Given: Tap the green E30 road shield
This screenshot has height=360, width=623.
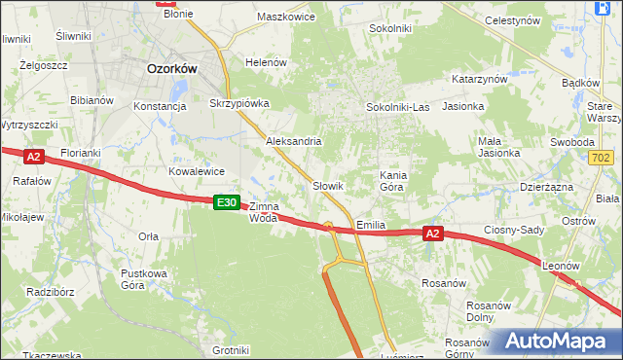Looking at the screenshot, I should [x=226, y=201].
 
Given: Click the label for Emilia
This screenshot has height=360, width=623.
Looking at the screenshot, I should [x=371, y=225].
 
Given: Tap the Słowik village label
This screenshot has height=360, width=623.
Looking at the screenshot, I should [x=328, y=185].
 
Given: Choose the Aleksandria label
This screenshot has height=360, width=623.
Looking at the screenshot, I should [x=294, y=141].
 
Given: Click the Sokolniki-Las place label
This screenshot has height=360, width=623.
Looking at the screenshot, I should [x=397, y=107].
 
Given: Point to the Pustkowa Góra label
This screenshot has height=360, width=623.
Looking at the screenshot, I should [x=144, y=279].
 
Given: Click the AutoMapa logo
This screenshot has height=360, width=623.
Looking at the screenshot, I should [x=560, y=342].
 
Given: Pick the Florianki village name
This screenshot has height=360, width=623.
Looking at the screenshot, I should [x=81, y=154].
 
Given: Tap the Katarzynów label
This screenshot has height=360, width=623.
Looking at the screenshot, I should [x=480, y=79].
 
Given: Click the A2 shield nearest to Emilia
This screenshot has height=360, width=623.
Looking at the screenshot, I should [x=434, y=234].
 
